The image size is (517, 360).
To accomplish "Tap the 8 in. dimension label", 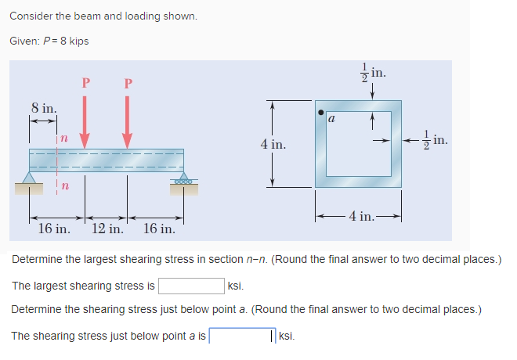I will click(43, 107).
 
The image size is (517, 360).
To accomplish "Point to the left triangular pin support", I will click(31, 182).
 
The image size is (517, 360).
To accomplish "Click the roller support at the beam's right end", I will click(183, 182).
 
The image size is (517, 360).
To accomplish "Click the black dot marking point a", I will click(320, 111).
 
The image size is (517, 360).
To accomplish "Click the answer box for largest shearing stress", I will click(192, 286).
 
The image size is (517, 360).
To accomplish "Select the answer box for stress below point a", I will click(242, 336).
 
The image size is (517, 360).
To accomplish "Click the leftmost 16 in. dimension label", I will click(55, 229).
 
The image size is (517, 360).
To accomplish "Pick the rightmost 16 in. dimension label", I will click(161, 229).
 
